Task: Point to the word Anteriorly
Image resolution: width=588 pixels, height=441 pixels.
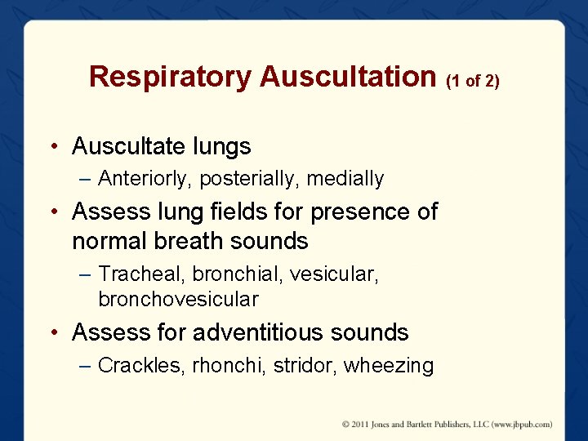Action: [145, 178]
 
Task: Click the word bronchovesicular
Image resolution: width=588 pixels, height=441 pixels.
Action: [178, 300]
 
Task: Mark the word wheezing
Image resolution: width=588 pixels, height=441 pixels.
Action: [389, 365]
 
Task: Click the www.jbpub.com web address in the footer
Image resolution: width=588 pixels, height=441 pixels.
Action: [519, 424]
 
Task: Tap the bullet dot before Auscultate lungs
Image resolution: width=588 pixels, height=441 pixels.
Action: [53, 148]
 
